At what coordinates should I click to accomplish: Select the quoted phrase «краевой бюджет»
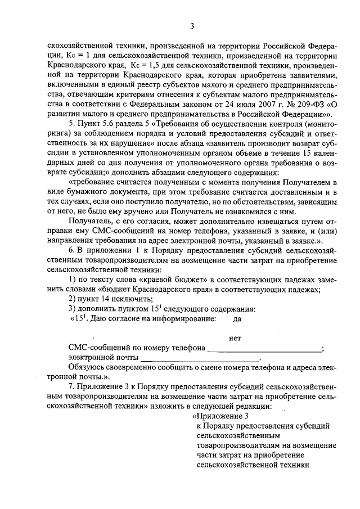148,280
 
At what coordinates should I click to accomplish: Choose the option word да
237,318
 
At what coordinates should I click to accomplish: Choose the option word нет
236,338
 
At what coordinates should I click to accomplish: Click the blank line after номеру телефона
264,349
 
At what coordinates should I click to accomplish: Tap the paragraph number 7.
70,388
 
